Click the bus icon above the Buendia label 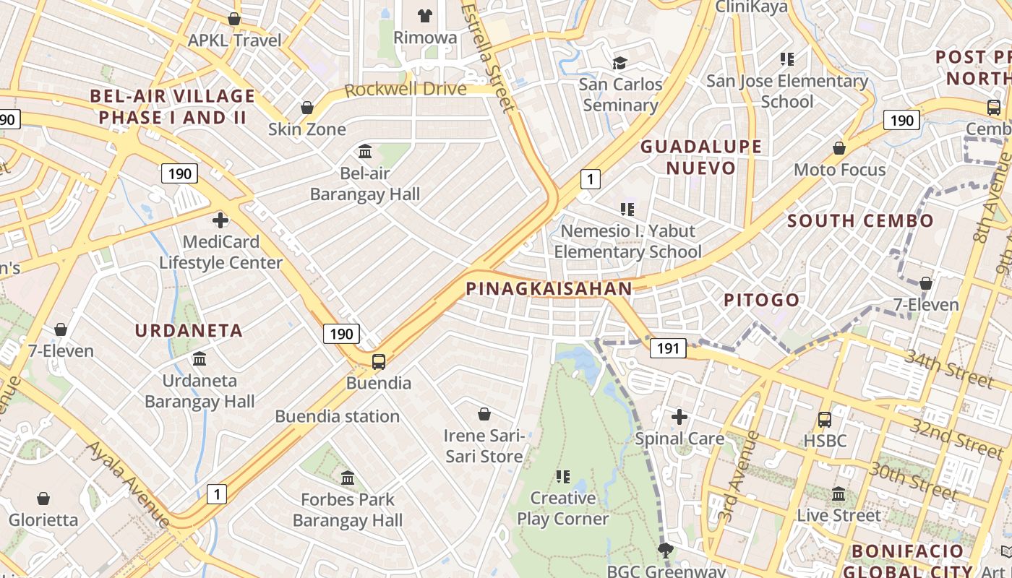click(378, 362)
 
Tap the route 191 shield click(668, 349)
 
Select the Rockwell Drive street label click(405, 90)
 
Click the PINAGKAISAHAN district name click(549, 289)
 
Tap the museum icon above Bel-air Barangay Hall click(365, 152)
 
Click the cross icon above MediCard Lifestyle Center click(220, 220)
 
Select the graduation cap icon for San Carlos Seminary click(619, 64)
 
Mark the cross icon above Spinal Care click(679, 417)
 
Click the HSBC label click(825, 440)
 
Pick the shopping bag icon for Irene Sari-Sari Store click(484, 415)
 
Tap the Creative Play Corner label click(563, 508)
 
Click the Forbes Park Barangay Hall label click(348, 509)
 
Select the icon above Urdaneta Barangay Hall click(200, 359)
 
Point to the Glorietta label click(43, 519)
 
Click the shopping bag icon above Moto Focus click(839, 149)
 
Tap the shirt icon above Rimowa click(425, 16)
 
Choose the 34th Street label click(949, 368)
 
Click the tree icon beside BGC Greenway click(666, 551)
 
